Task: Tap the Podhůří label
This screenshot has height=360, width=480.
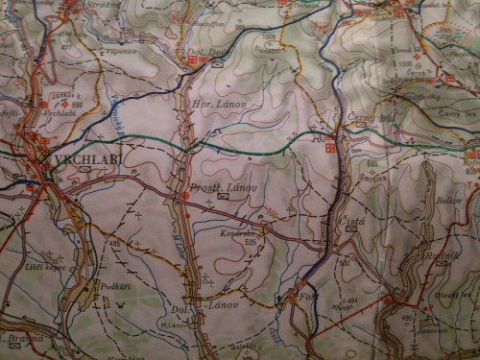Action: [x=112, y=286]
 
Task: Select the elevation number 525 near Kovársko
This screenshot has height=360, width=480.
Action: [x=251, y=242]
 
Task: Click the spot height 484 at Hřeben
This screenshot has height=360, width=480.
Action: [x=351, y=300]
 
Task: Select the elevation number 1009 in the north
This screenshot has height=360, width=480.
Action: [x=269, y=36]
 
